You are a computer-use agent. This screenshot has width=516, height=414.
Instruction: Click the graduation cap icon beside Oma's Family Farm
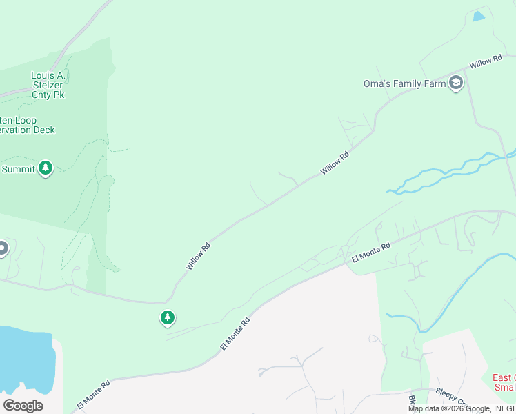[455, 83]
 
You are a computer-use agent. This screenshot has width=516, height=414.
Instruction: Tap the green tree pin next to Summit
[46, 168]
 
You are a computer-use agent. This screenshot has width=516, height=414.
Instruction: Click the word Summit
[19, 169]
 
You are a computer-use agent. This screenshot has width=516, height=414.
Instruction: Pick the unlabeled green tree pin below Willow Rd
[167, 317]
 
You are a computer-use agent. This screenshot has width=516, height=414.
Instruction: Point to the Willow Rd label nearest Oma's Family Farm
[486, 63]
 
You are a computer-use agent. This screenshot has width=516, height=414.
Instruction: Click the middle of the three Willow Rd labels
[335, 164]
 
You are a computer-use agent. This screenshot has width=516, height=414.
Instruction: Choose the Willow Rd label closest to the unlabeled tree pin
[198, 255]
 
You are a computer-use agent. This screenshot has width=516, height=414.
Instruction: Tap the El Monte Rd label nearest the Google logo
[95, 394]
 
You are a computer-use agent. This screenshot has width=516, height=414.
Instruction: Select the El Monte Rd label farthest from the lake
[371, 250]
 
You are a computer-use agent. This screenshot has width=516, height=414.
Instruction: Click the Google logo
[23, 406]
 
